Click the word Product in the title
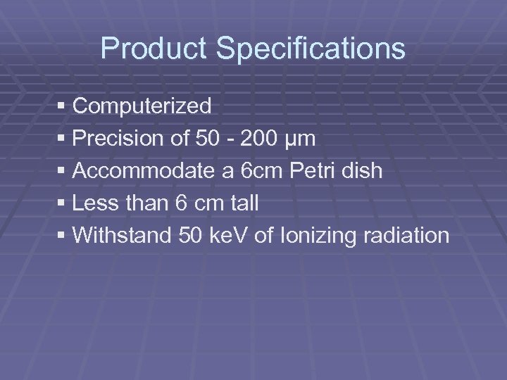click(154, 49)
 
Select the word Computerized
click(142, 106)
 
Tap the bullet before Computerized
click(62, 106)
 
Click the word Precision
click(119, 139)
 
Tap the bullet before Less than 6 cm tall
click(62, 203)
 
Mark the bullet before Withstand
click(62, 236)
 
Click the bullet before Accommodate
click(62, 171)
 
